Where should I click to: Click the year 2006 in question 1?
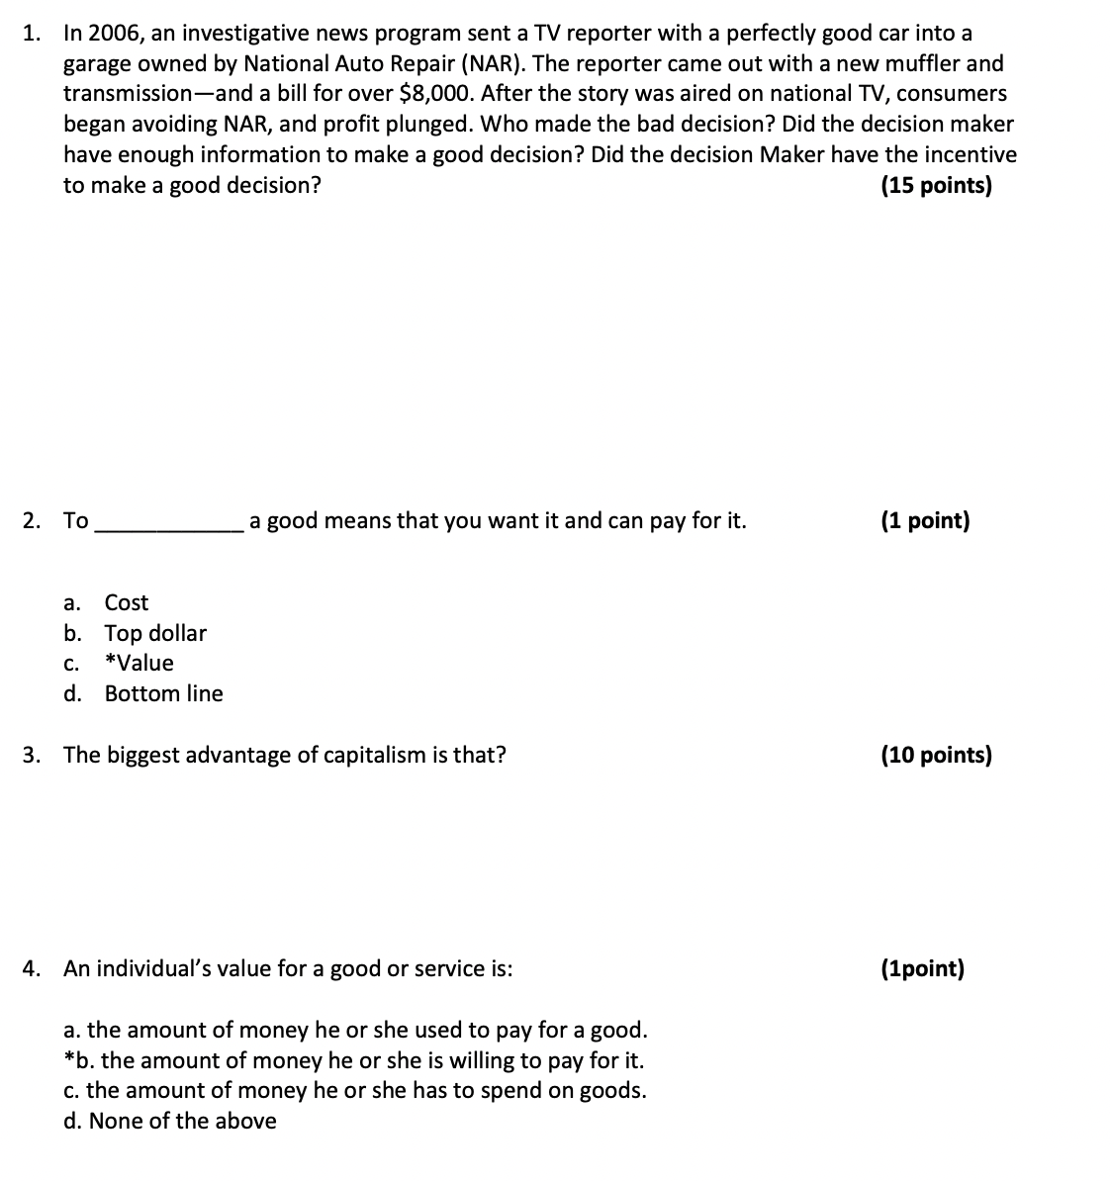tap(116, 34)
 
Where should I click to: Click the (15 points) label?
tap(935, 186)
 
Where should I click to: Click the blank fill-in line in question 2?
tap(169, 530)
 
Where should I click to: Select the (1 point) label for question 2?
tap(925, 521)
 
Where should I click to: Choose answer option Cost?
tap(126, 602)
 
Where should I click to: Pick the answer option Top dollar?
tap(155, 633)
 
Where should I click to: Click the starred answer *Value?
tap(139, 663)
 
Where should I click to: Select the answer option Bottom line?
tap(163, 693)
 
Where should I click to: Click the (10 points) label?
tap(935, 756)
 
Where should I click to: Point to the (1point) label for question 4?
tap(921, 968)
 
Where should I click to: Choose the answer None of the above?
tap(182, 1121)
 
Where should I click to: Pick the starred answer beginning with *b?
tap(353, 1060)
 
